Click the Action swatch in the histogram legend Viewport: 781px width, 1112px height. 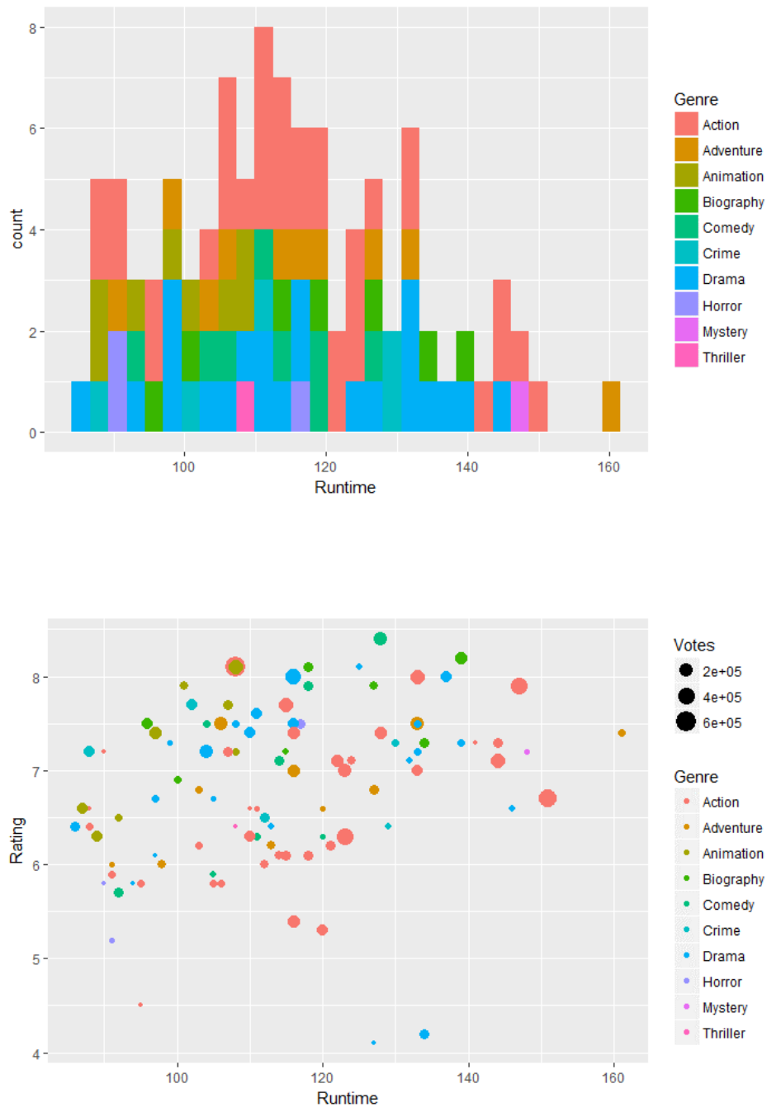(686, 125)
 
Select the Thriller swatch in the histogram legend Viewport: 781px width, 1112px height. (686, 357)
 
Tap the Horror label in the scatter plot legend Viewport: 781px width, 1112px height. (722, 982)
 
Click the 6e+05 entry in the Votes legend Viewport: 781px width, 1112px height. (722, 722)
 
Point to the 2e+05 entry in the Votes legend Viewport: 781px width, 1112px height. (722, 671)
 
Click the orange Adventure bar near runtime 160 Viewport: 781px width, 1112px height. (611, 406)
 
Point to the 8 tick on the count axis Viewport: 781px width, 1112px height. (32, 28)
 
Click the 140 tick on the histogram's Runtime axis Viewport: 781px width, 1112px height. (466, 467)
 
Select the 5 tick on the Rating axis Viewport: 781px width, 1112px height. (35, 959)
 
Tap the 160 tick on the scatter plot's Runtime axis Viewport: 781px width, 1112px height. (613, 1077)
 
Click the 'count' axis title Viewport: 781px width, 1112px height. (17, 229)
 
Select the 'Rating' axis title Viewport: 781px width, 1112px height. (17, 840)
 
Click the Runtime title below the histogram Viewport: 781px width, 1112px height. (345, 487)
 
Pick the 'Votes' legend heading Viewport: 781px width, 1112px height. (693, 645)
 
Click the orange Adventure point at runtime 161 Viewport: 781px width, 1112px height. (622, 733)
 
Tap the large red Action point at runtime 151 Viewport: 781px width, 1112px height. (547, 798)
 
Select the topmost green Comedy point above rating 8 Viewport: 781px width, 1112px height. (380, 638)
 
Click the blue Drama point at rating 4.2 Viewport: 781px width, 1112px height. (424, 1034)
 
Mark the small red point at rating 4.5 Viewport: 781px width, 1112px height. (140, 1005)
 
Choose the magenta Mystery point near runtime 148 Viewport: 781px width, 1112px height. (527, 752)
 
